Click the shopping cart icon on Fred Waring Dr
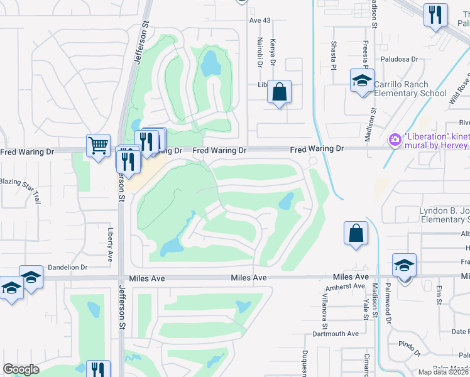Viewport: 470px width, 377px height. (x=99, y=146)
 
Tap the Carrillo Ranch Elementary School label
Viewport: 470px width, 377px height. (x=401, y=89)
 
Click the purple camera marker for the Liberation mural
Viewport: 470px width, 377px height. (x=395, y=139)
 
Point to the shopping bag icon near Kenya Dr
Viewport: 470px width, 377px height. (x=279, y=92)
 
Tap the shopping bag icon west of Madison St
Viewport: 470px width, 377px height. (x=356, y=233)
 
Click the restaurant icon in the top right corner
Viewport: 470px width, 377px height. (x=435, y=14)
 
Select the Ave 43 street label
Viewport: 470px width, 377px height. (x=260, y=21)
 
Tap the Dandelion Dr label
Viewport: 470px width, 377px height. (x=67, y=267)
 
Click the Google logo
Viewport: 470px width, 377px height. (x=21, y=369)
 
